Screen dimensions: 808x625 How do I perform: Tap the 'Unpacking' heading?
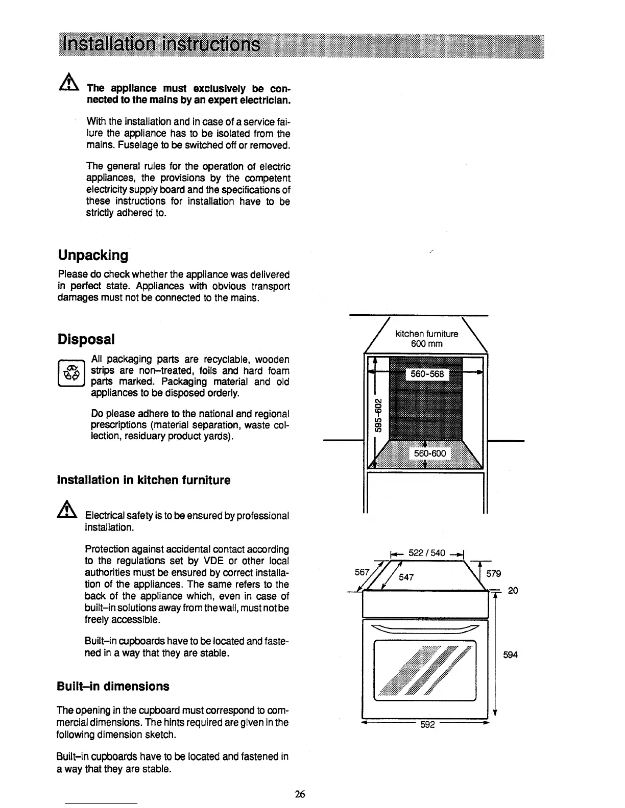click(x=93, y=255)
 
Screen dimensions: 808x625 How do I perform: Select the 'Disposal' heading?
click(x=86, y=339)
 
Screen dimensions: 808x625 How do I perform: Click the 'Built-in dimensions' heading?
click(x=113, y=686)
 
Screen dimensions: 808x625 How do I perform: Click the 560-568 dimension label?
click(x=427, y=375)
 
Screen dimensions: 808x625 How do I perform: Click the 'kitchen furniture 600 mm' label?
click(x=427, y=339)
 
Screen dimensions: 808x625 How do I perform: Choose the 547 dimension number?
click(x=407, y=577)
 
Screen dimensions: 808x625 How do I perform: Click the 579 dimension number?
click(x=494, y=574)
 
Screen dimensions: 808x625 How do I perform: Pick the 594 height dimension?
click(x=510, y=654)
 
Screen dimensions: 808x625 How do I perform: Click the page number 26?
click(x=300, y=794)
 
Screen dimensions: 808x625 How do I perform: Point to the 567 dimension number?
click(x=362, y=572)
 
